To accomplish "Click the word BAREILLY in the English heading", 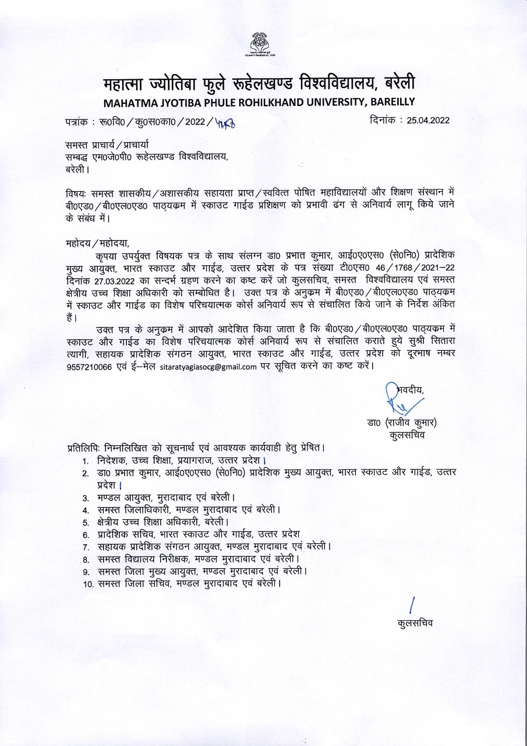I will click(388, 103).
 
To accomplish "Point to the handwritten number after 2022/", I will click(225, 122).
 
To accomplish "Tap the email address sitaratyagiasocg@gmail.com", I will click(208, 367).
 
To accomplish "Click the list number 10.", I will click(88, 583).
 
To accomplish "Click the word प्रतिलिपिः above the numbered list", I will click(84, 448).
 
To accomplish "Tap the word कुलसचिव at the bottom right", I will click(415, 623).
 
